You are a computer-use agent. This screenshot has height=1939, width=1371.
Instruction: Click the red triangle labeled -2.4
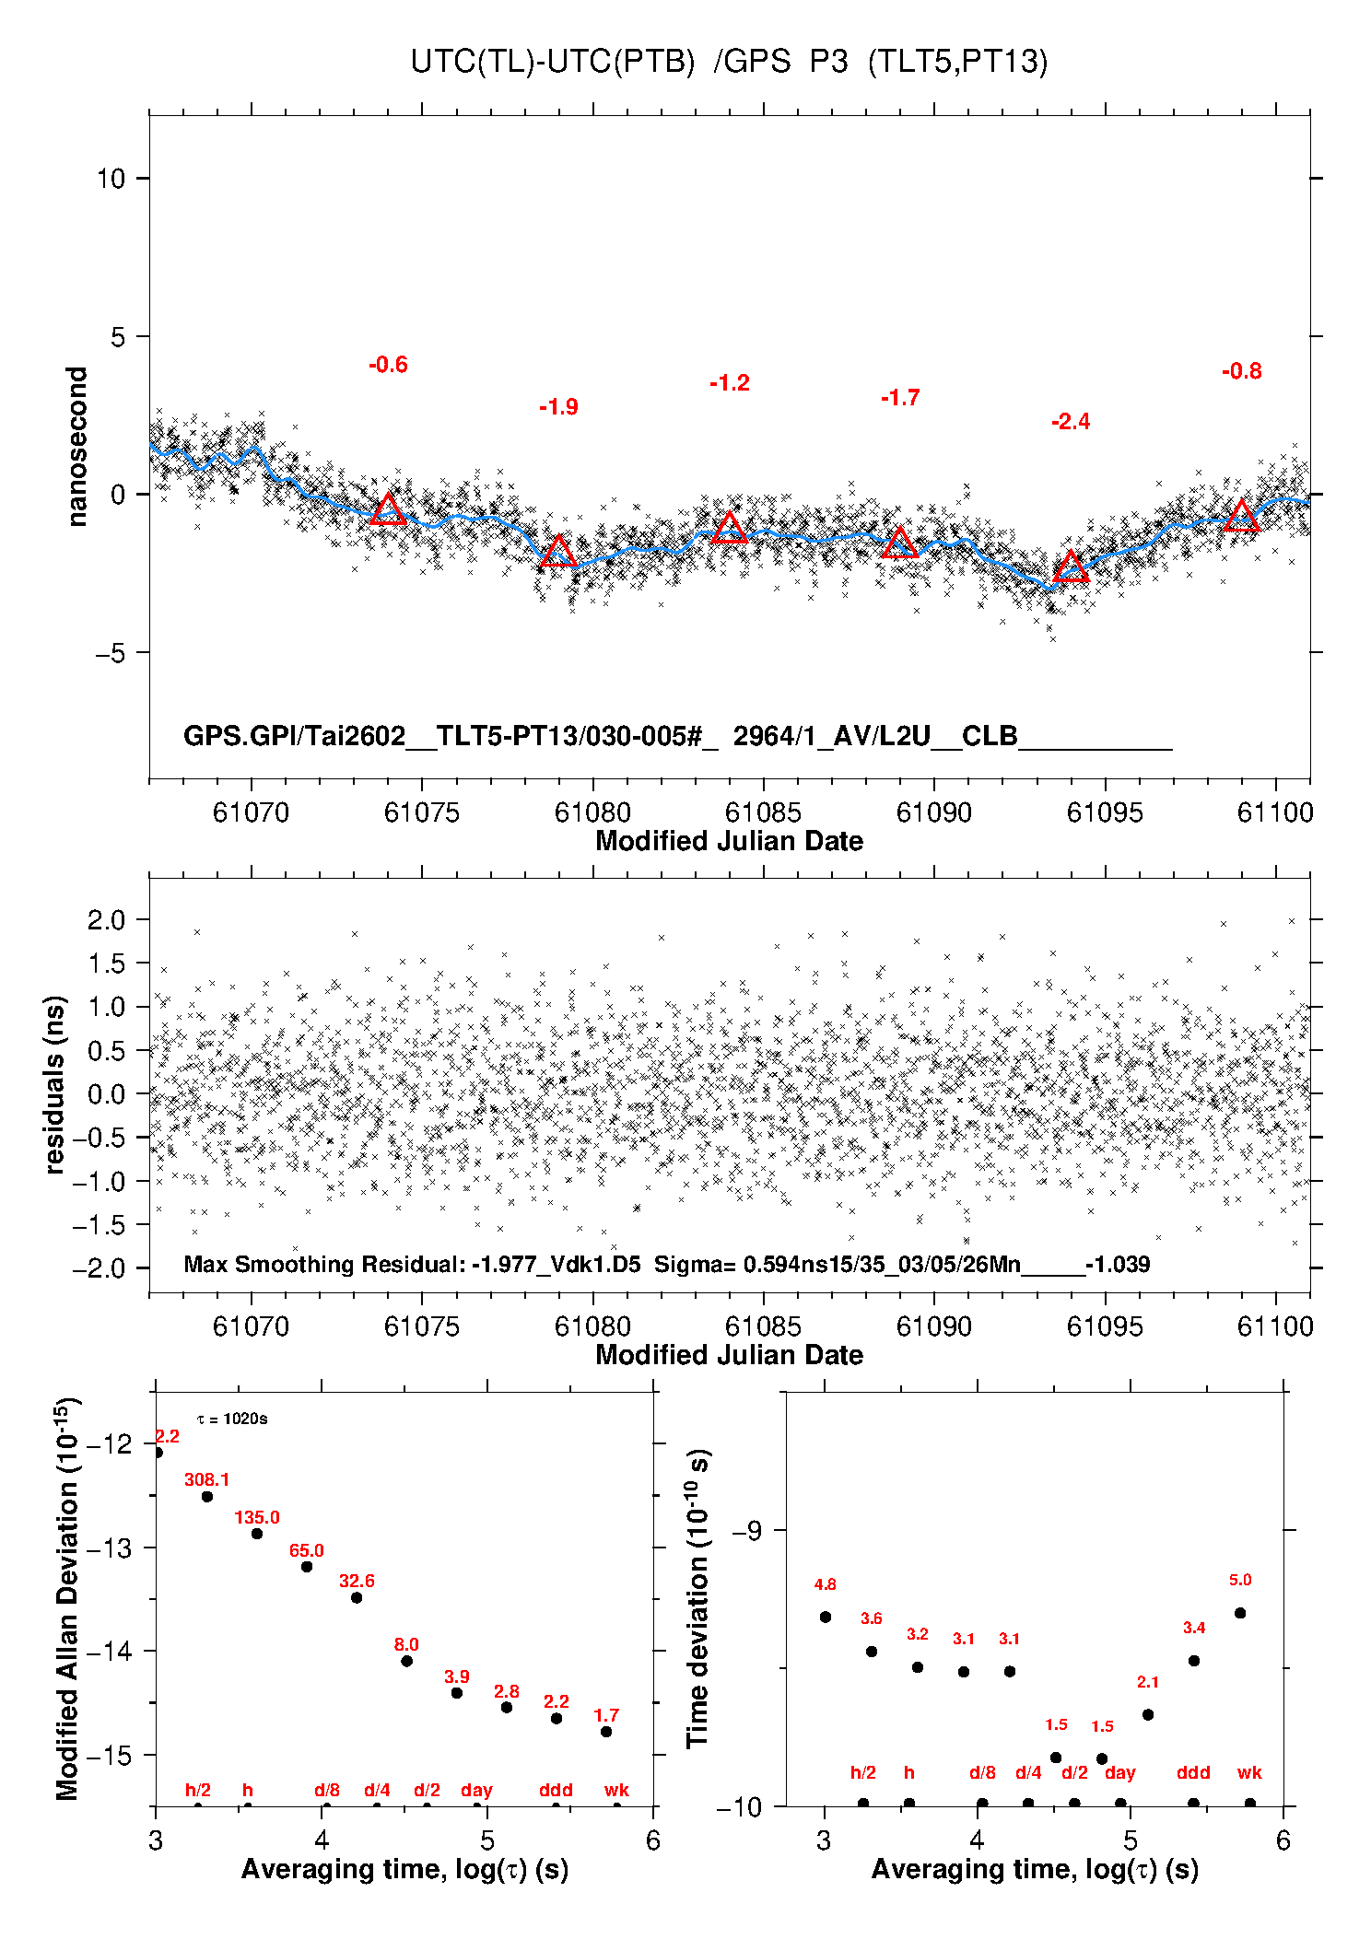[x=1071, y=567]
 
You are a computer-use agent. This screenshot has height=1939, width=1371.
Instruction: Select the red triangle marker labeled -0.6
[x=388, y=510]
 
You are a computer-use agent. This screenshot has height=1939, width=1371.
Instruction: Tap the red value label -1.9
[x=558, y=407]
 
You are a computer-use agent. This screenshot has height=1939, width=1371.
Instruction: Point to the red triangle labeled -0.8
[x=1241, y=517]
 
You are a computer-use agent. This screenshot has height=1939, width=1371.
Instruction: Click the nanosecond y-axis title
[x=76, y=447]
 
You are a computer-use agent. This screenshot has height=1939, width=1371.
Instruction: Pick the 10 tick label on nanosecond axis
[x=111, y=179]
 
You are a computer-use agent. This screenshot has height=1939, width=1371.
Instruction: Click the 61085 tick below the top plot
[x=763, y=812]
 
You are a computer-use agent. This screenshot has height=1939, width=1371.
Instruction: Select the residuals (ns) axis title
[x=55, y=1084]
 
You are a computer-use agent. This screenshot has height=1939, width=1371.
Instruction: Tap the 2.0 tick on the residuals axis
[x=105, y=919]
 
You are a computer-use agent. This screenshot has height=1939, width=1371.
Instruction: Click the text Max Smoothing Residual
[x=323, y=1264]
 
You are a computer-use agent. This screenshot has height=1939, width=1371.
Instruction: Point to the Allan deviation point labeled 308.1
[x=207, y=1497]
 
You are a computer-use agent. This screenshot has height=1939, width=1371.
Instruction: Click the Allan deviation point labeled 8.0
[x=406, y=1661]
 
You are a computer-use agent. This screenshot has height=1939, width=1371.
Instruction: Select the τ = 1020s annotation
[x=232, y=1419]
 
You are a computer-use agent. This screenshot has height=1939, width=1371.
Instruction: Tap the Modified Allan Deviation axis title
[x=67, y=1599]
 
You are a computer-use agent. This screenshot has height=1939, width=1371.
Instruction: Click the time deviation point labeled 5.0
[x=1240, y=1613]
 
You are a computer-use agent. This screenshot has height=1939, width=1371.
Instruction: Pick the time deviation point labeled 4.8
[x=826, y=1617]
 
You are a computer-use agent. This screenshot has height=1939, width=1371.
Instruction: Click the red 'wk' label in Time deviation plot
[x=1249, y=1772]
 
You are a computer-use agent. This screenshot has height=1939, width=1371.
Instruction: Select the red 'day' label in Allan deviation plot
[x=476, y=1790]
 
